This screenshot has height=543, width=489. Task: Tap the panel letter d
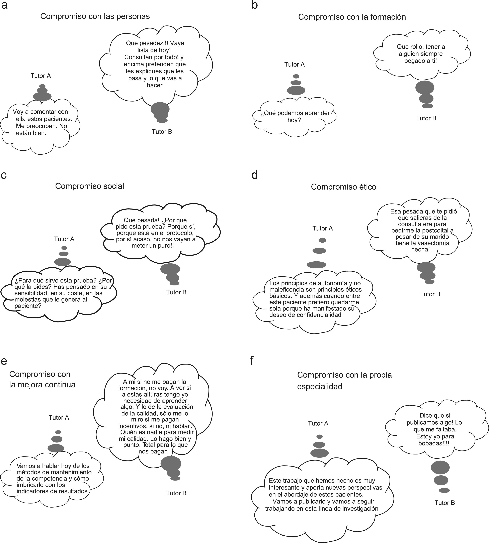254,175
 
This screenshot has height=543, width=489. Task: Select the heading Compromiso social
89,186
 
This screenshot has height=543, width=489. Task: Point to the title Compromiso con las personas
95,16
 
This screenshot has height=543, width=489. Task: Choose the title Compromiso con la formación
352,17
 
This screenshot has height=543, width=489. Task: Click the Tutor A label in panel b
295,64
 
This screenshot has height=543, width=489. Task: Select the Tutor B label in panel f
445,503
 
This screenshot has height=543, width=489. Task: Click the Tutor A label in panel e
59,417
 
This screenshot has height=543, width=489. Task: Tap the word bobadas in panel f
430,443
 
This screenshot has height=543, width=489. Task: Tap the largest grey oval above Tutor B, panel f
440,467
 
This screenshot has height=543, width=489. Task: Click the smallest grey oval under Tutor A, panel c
64,248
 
